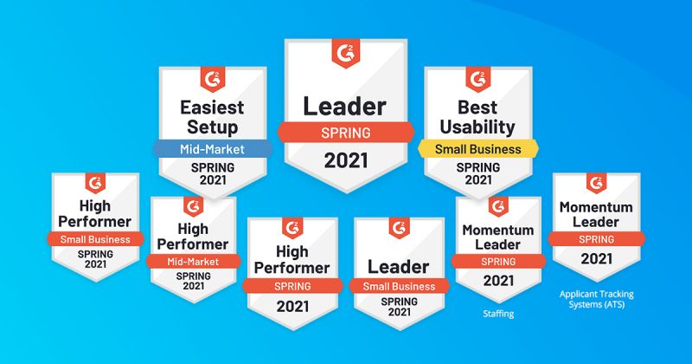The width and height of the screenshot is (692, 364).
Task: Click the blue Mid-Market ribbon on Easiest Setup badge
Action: (x=212, y=149)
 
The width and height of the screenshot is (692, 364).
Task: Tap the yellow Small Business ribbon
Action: (x=478, y=149)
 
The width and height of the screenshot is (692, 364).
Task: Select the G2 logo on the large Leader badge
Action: (x=345, y=54)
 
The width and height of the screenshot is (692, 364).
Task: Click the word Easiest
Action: (x=212, y=107)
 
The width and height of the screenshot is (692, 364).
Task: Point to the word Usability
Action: (x=477, y=127)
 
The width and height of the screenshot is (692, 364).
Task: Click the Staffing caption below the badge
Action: (x=498, y=314)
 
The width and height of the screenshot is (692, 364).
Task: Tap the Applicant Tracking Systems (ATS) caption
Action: (x=596, y=299)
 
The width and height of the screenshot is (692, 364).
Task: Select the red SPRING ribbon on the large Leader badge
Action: (x=346, y=133)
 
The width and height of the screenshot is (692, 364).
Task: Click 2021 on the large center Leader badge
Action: (x=346, y=160)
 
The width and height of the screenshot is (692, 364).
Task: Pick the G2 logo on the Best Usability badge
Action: (x=478, y=80)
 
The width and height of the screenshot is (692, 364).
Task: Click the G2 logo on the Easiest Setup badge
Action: (x=213, y=80)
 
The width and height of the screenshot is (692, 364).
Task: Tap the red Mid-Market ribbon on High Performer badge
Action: (x=193, y=262)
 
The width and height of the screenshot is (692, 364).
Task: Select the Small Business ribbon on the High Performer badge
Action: (x=95, y=239)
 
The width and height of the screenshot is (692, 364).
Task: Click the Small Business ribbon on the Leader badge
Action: (x=399, y=286)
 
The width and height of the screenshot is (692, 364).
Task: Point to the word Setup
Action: (x=212, y=127)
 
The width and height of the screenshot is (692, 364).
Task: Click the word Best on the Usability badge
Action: (x=477, y=107)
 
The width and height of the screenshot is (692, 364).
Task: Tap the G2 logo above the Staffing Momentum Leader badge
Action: (x=498, y=207)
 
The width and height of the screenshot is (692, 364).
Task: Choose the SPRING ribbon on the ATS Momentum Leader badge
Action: (x=596, y=239)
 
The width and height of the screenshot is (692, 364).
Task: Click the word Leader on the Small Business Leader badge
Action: (x=399, y=267)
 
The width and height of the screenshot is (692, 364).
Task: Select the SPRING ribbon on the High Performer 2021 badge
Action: (x=292, y=286)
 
